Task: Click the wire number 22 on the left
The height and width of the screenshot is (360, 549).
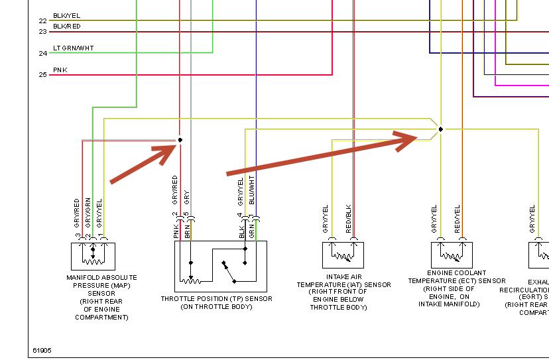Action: click(42, 21)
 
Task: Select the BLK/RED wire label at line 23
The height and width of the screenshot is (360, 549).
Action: click(67, 27)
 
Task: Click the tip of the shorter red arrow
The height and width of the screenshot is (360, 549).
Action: click(176, 144)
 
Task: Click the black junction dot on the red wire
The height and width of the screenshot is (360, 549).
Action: click(180, 140)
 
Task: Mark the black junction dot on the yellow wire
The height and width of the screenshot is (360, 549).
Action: click(441, 129)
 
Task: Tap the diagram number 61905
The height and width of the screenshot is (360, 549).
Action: click(42, 350)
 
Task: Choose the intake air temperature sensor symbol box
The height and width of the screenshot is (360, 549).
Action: click(343, 255)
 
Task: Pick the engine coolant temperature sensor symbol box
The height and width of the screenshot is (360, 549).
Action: click(452, 255)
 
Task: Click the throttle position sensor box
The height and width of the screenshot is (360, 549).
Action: click(220, 266)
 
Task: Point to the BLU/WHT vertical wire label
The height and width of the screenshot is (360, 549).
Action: click(253, 189)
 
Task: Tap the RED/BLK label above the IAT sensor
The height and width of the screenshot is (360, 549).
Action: click(349, 219)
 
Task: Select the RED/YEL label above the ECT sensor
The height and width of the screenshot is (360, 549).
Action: click(457, 219)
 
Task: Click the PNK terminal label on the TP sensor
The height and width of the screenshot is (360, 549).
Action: click(177, 231)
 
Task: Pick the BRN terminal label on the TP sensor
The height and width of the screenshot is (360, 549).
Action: click(188, 231)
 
